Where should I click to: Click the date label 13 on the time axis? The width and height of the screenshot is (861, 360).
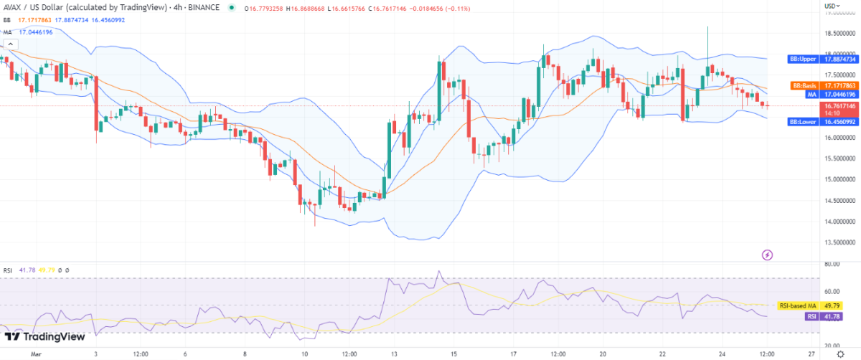(x=391, y=354)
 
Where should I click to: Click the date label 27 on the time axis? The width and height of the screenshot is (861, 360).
(x=810, y=354)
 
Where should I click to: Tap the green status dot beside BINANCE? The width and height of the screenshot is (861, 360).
(x=232, y=9)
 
